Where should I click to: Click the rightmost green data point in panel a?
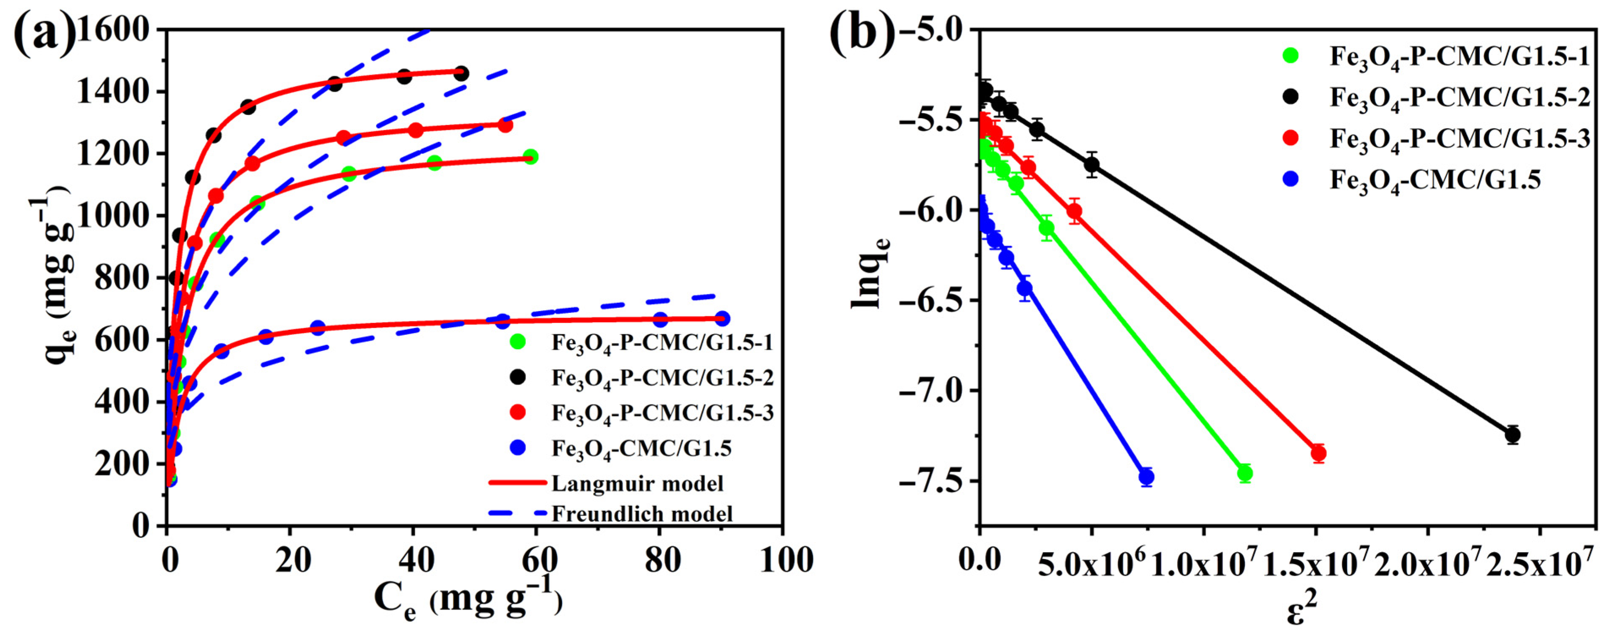click(530, 157)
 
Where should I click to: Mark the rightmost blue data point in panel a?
click(722, 318)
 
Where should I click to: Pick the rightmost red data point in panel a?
click(505, 125)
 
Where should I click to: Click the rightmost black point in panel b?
click(1512, 434)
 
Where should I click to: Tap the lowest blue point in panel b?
click(1146, 477)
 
